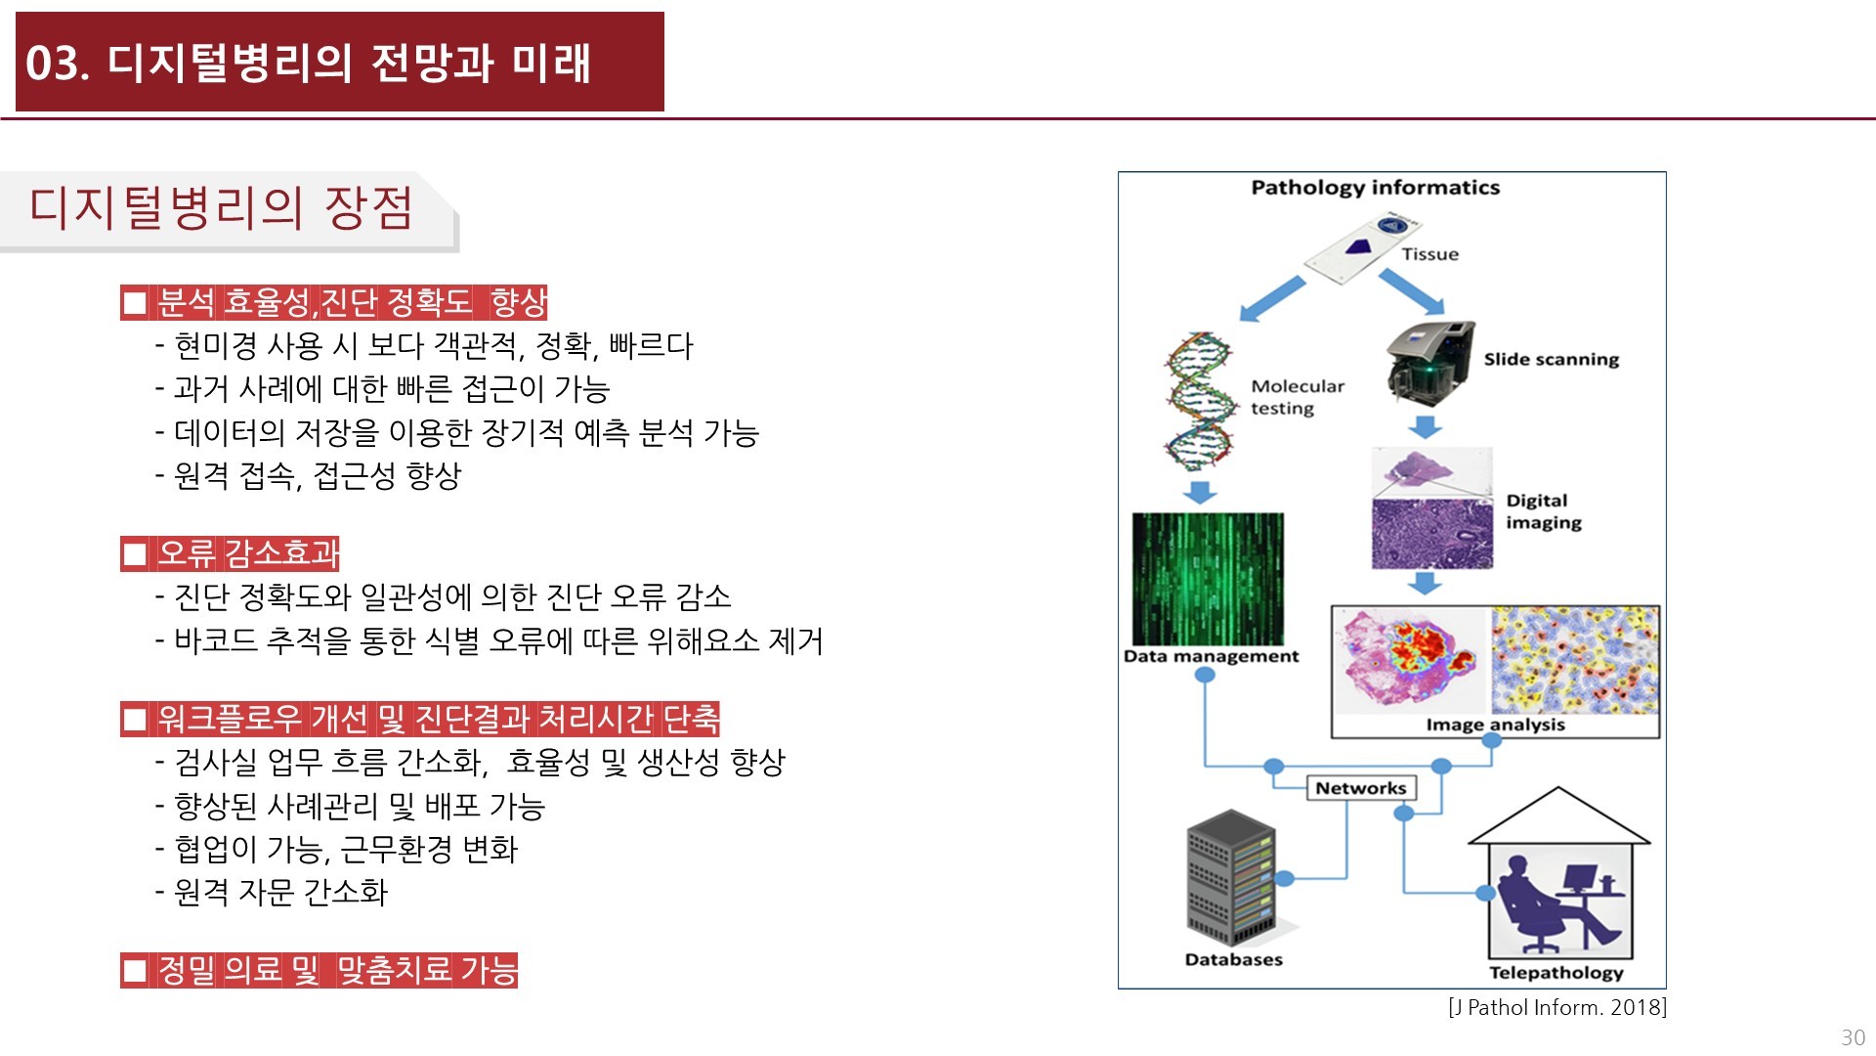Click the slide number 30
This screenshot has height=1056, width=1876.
pyautogui.click(x=1853, y=1037)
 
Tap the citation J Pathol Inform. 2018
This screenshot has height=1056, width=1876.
pyautogui.click(x=1557, y=1007)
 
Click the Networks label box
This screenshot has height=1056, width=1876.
pyautogui.click(x=1360, y=788)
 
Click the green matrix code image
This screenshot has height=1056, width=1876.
pyautogui.click(x=1208, y=578)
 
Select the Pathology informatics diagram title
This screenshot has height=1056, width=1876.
pyautogui.click(x=1375, y=188)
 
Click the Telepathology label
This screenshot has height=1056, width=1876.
pyautogui.click(x=1556, y=972)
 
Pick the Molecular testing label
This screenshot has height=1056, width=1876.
pyautogui.click(x=1298, y=397)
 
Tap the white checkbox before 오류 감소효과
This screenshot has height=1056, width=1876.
pyautogui.click(x=135, y=554)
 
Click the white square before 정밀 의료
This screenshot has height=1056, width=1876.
pyautogui.click(x=135, y=971)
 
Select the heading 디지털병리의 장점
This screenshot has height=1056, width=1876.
pyautogui.click(x=221, y=208)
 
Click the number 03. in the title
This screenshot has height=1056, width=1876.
pyautogui.click(x=57, y=64)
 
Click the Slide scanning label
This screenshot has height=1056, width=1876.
pyautogui.click(x=1551, y=359)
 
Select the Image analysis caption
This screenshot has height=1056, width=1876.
pyautogui.click(x=1495, y=725)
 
